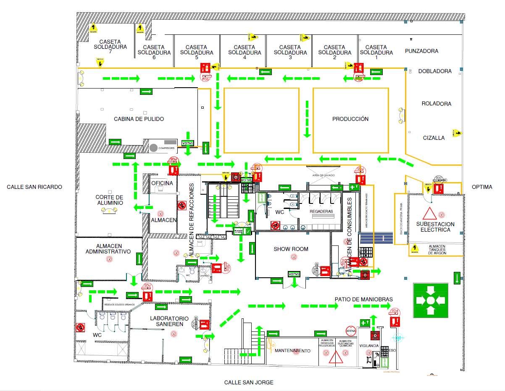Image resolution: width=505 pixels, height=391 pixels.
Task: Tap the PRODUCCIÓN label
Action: coord(350,119)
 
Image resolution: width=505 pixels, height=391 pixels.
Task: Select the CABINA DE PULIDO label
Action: coord(139,119)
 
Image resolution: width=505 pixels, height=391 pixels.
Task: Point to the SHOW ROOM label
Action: coord(291,249)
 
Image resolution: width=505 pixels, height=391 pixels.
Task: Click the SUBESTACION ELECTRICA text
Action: coord(435,227)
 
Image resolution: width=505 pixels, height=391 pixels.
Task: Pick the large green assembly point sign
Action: coord(430,300)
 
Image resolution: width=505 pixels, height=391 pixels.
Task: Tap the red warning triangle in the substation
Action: coord(429,214)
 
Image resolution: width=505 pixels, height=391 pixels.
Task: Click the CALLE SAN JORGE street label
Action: coord(249,382)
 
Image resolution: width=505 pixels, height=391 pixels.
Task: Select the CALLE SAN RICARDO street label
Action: coord(34,187)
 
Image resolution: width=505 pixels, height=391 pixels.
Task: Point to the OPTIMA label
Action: coord(481,187)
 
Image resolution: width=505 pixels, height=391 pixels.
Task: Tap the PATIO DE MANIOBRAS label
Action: coord(364,299)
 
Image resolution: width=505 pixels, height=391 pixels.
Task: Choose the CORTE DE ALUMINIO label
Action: coord(109,200)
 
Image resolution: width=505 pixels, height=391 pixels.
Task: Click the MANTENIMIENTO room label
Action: coord(293,351)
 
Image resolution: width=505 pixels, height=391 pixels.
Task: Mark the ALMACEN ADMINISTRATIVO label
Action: coord(108,249)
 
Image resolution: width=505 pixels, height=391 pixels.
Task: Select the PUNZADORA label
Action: coord(421,51)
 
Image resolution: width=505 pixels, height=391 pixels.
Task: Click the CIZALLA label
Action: coord(434,138)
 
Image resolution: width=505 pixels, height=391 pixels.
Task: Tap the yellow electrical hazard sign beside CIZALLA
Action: coord(457,133)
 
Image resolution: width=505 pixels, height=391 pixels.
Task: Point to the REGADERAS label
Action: coord(321,211)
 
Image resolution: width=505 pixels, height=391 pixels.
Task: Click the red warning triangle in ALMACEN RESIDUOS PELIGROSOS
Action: coord(335,357)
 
